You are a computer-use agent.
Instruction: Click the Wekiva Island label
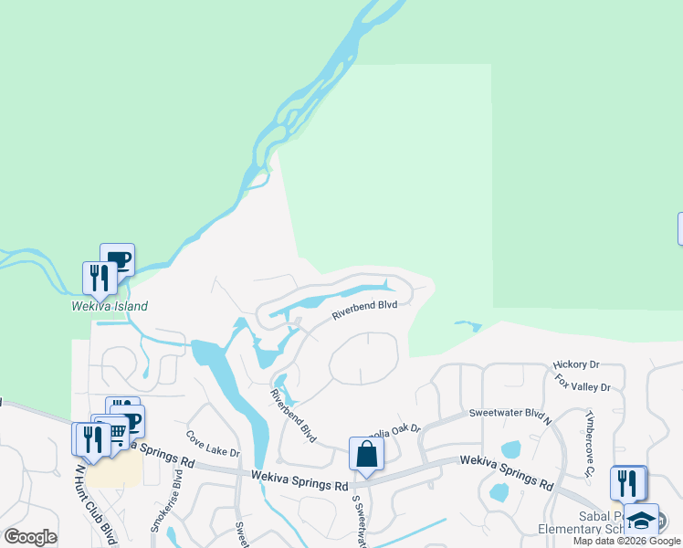pos(110,307)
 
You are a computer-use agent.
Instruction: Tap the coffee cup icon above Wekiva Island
pos(118,258)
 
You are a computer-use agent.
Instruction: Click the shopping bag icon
pos(366,453)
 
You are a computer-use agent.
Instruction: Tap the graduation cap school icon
pos(642,520)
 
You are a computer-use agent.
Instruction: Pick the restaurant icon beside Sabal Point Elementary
pos(626,481)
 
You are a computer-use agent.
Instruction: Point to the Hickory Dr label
pos(576,364)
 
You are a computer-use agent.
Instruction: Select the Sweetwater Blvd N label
pos(511,413)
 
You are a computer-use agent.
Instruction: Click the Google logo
pos(30,537)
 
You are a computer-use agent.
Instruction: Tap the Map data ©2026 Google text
pos(626,541)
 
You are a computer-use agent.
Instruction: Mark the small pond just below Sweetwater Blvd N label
pos(511,449)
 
